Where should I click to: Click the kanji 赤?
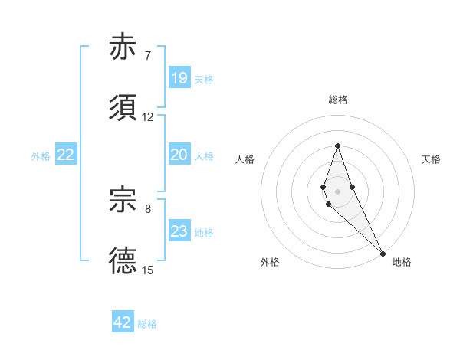click(x=123, y=47)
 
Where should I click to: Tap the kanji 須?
click(x=123, y=108)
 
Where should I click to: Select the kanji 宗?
click(x=123, y=200)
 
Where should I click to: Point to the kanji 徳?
click(x=123, y=261)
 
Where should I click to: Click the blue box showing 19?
click(x=179, y=78)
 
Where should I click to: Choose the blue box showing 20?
click(x=179, y=155)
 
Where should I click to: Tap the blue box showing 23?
click(x=179, y=231)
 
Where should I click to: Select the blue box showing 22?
click(x=66, y=155)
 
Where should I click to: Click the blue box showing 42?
click(x=123, y=322)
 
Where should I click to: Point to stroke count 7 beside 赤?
click(x=148, y=55)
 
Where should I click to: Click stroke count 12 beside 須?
click(x=148, y=116)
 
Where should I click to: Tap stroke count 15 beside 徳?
click(x=148, y=270)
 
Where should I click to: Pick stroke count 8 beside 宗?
click(x=148, y=208)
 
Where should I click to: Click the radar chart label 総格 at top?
click(x=338, y=100)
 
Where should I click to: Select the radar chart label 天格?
click(x=432, y=159)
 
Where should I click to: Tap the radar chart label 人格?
click(x=245, y=159)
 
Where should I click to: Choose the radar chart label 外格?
click(x=270, y=263)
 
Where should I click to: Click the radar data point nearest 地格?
click(x=383, y=252)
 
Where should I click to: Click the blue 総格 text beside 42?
click(x=147, y=324)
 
